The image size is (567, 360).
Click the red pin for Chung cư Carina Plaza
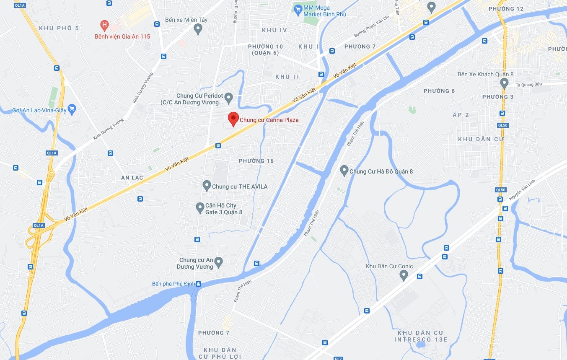tap(233, 119)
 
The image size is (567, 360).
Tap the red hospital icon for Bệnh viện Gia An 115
tap(104, 26)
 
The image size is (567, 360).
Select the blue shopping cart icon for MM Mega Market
tap(298, 9)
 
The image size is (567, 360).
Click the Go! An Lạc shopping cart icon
tap(72, 110)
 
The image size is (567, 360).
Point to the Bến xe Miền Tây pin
tap(199, 28)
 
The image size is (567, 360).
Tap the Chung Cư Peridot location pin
tap(228, 98)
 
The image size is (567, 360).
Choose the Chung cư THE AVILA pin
tap(206, 185)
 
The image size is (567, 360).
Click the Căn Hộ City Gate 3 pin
tap(200, 207)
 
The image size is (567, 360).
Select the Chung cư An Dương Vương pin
tap(218, 262)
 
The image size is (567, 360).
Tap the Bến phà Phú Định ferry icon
tap(199, 284)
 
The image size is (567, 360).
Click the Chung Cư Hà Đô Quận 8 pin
tap(344, 170)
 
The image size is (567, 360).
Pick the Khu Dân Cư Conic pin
tap(404, 275)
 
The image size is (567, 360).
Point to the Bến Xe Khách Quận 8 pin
tap(504, 83)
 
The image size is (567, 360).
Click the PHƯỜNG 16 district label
tap(256, 161)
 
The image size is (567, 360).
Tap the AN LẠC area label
tap(132, 178)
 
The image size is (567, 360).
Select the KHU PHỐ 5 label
tap(59, 28)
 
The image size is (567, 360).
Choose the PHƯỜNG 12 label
tap(509, 9)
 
